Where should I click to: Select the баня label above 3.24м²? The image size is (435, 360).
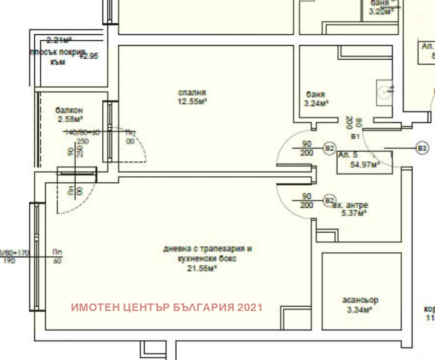315,94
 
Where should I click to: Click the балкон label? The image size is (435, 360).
69,110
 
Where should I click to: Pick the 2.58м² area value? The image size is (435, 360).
70,119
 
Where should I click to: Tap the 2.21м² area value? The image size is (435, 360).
59,40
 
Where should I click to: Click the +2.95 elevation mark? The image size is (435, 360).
90,55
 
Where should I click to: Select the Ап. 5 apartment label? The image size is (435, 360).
347,155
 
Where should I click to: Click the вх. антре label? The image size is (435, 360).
350,205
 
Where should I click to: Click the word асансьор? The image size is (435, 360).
360,300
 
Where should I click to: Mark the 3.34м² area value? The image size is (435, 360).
360,309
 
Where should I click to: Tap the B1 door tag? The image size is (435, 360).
356,135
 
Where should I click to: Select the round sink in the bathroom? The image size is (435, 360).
387,91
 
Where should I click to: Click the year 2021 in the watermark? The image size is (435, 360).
250,307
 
